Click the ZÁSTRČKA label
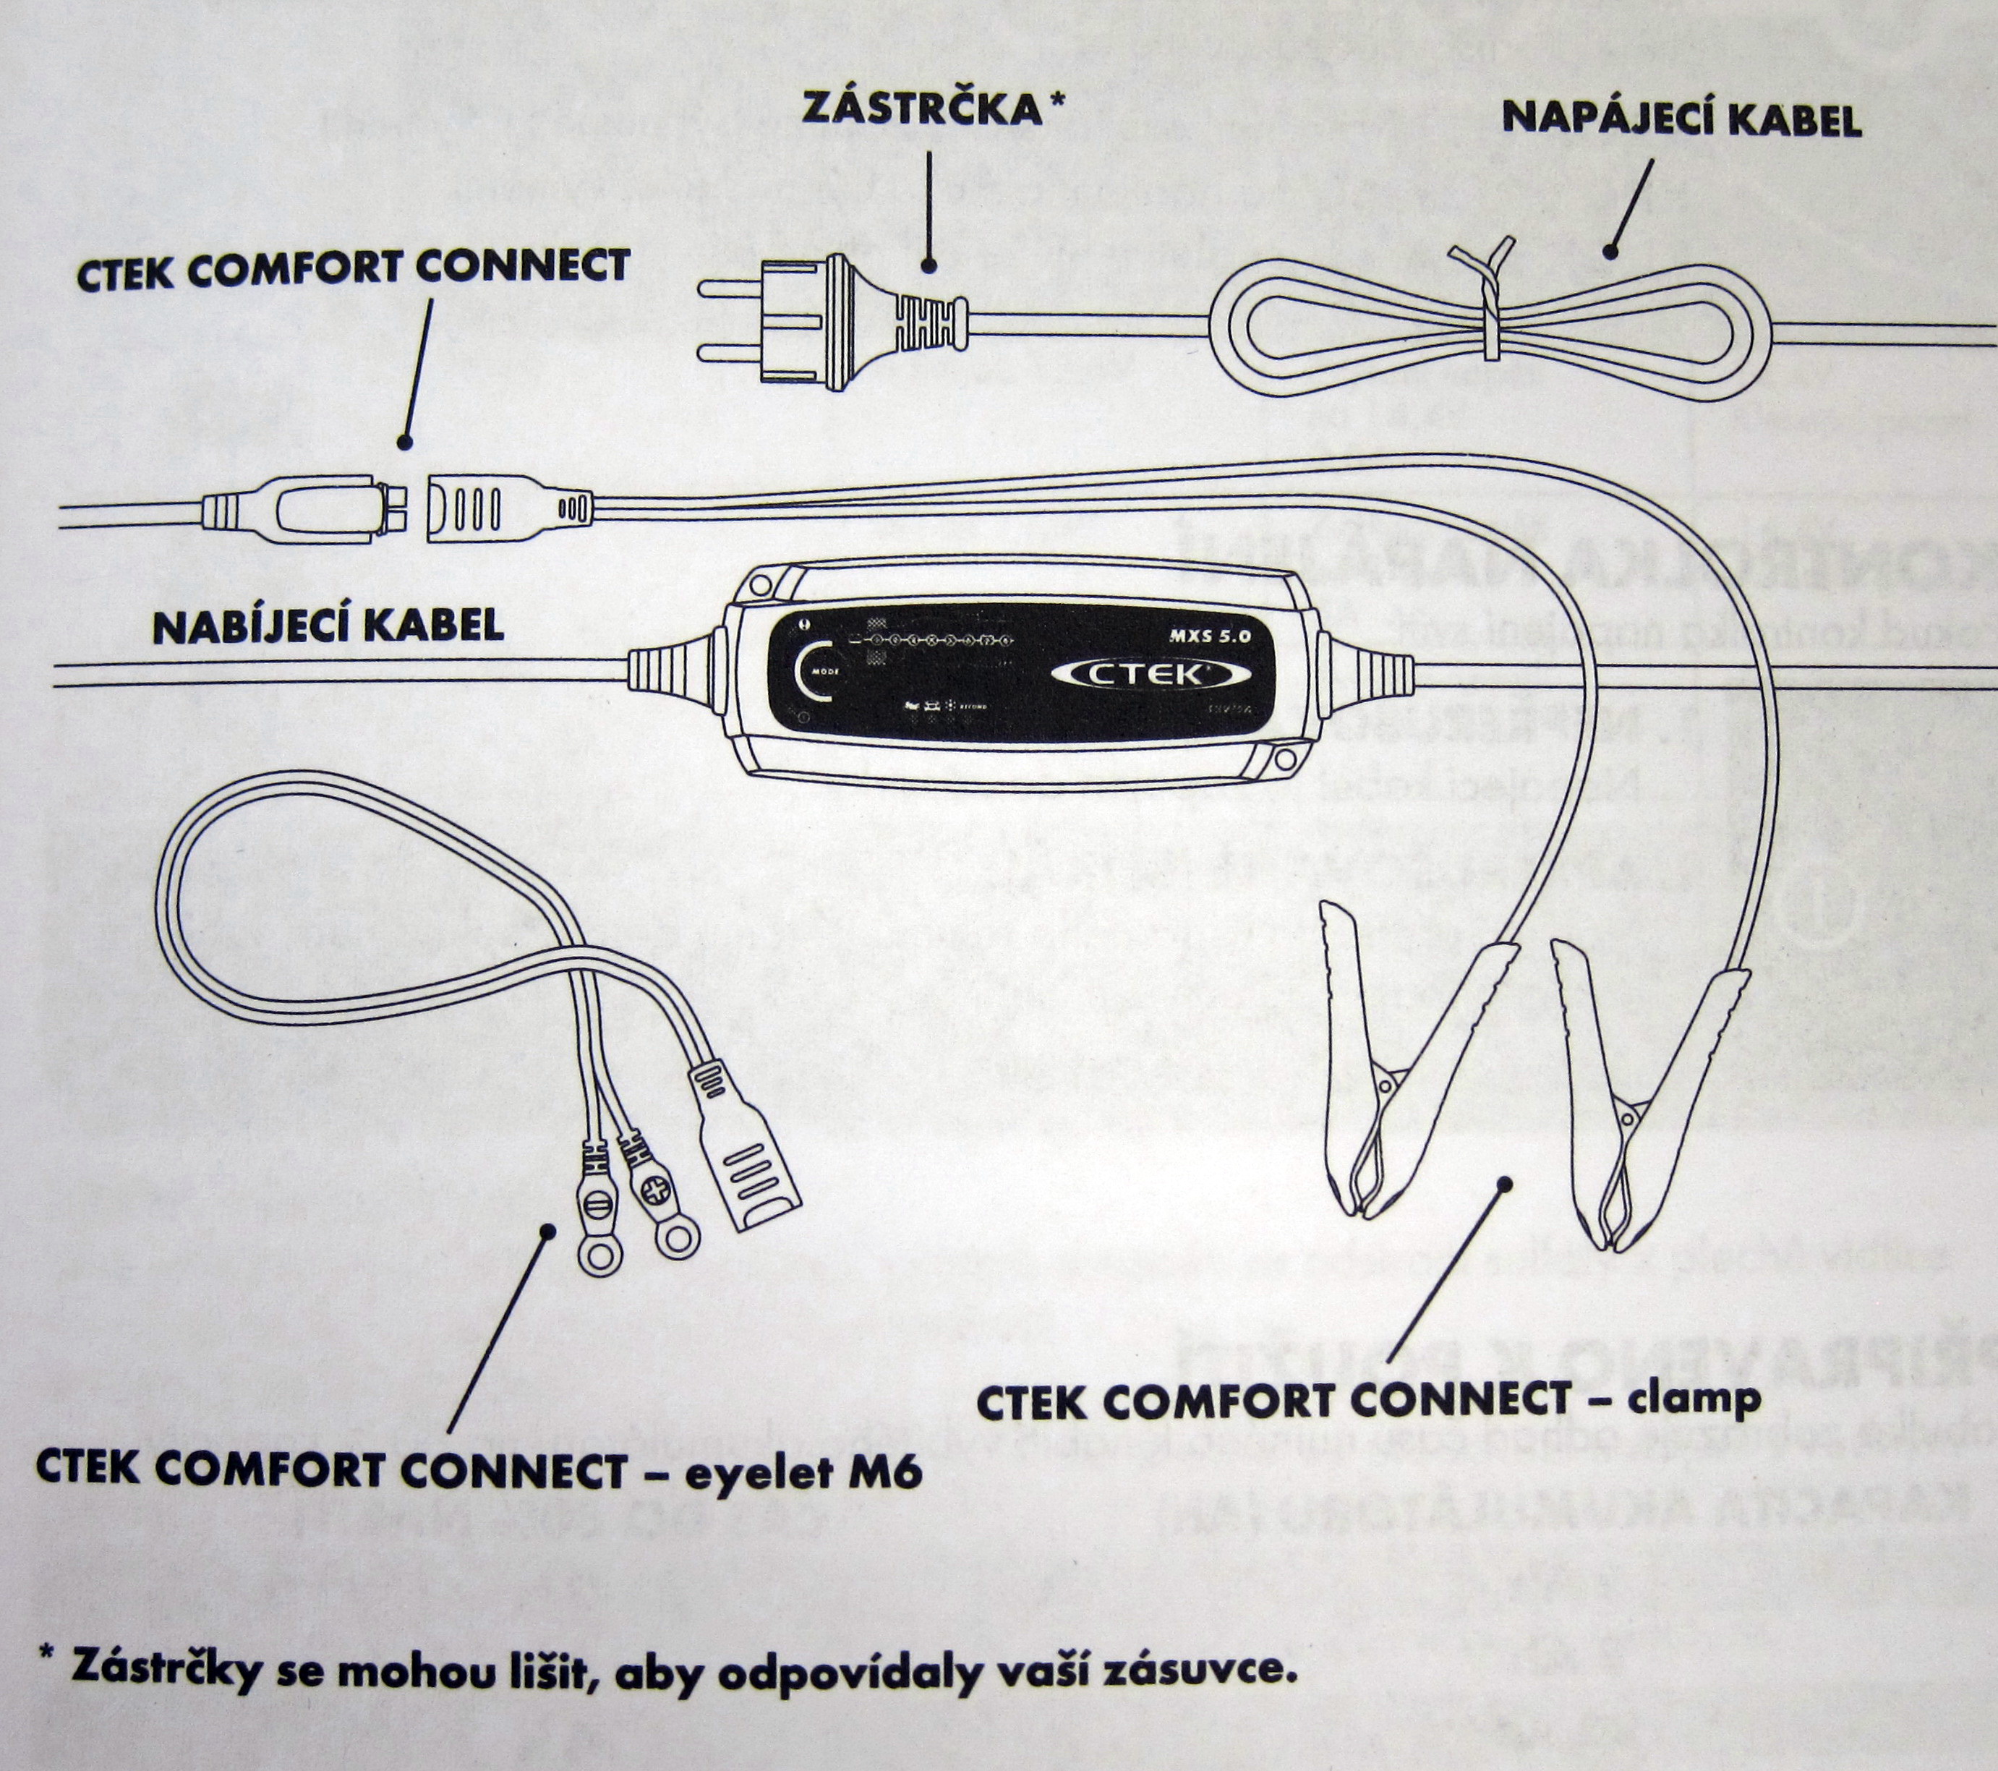click(x=922, y=108)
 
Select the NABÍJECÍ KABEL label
click(x=328, y=626)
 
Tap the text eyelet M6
click(x=801, y=1471)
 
